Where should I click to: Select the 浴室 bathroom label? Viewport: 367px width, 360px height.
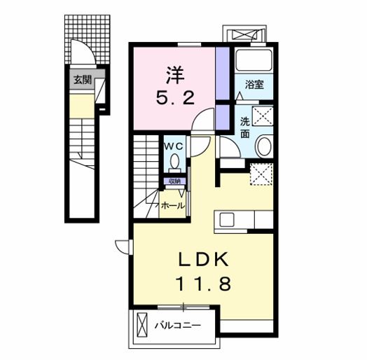coord(254,85)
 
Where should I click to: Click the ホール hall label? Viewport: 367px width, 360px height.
coord(173,205)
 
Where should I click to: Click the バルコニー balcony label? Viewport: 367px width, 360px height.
coord(178,325)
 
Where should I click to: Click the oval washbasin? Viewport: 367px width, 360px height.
coord(264,146)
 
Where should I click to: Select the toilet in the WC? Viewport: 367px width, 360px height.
coord(174,164)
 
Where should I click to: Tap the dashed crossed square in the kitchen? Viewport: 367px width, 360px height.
coord(260,172)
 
